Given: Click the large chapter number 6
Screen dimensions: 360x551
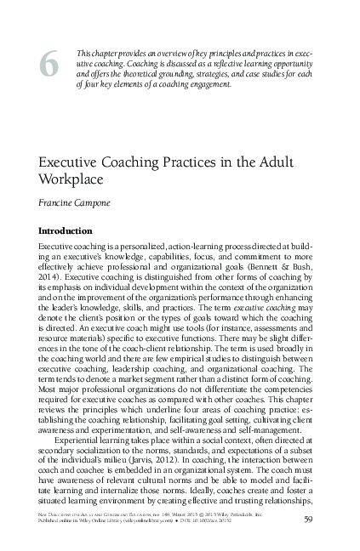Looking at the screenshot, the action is [x=48, y=64].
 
